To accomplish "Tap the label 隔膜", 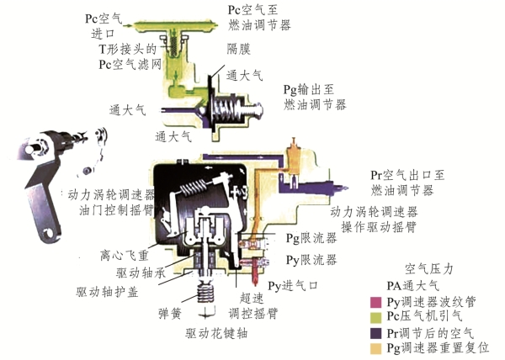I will point(237,49).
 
